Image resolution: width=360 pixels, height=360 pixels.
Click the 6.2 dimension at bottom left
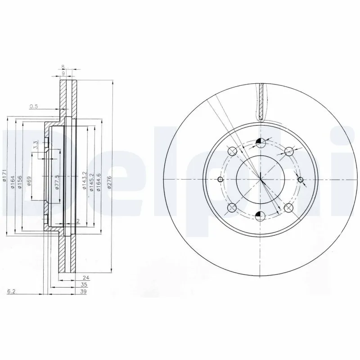(x=12, y=292)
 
